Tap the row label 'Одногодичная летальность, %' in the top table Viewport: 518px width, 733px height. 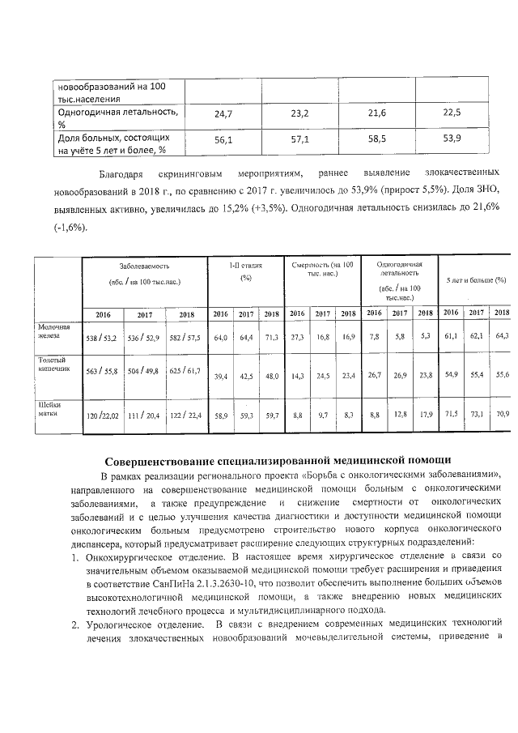tap(116, 117)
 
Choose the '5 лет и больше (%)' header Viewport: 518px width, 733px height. tap(477, 279)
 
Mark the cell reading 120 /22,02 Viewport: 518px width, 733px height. tap(103, 416)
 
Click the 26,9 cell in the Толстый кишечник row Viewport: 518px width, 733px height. tap(400, 375)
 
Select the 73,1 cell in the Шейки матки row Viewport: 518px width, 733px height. tap(477, 414)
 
